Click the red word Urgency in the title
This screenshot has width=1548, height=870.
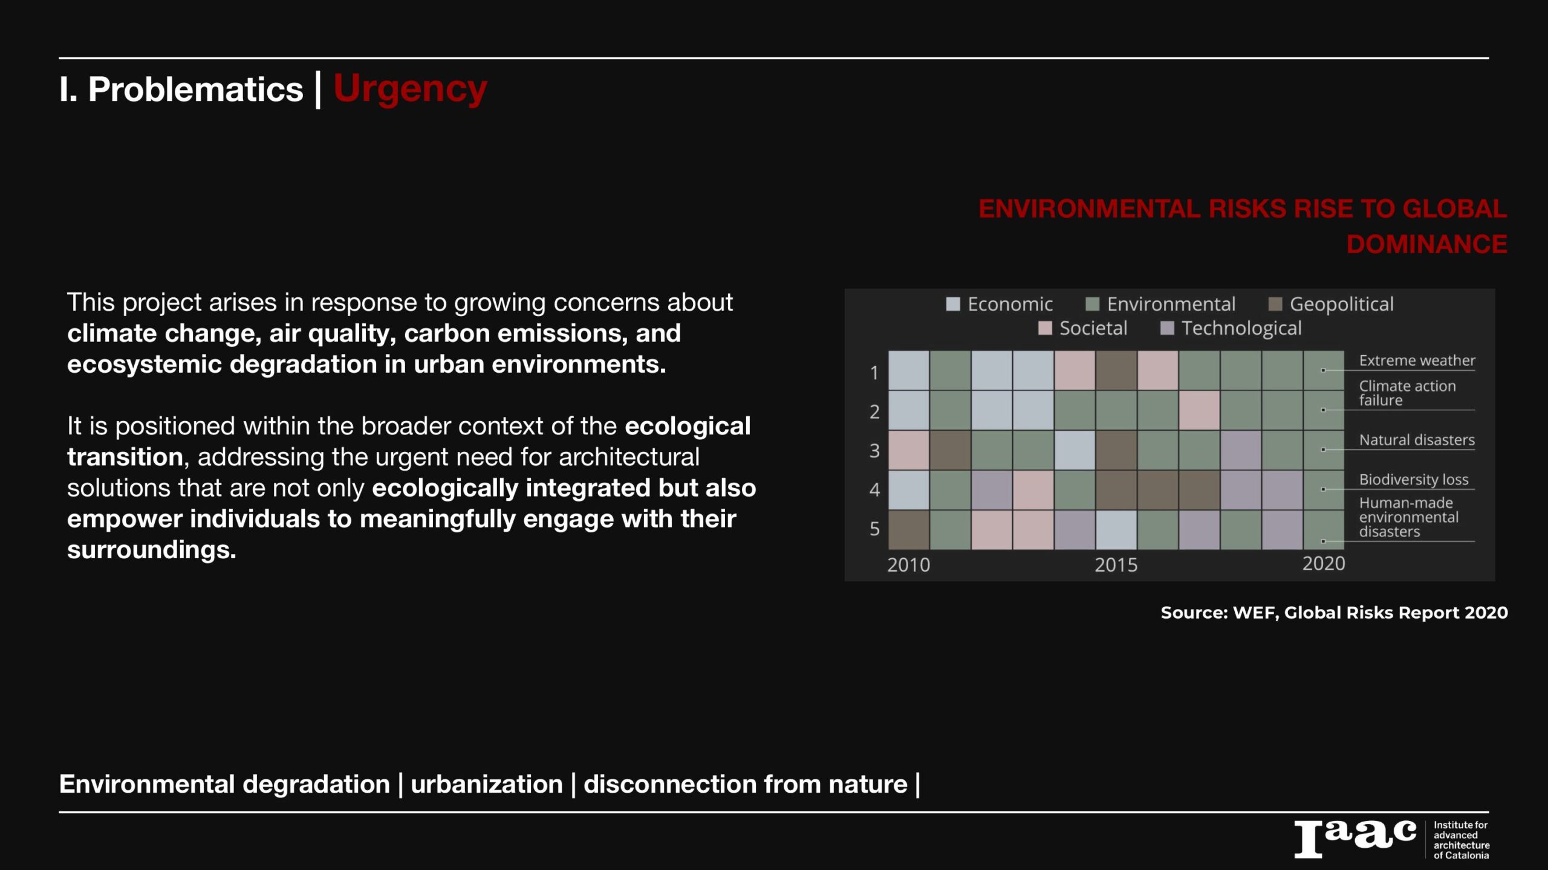[410, 89]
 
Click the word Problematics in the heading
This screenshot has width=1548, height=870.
[195, 89]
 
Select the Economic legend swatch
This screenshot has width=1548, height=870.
[953, 304]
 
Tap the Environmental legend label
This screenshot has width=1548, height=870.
[1171, 304]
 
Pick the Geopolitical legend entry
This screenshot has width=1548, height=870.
[1331, 304]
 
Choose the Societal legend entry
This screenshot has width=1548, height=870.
[1083, 328]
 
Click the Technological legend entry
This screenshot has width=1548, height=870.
[1231, 328]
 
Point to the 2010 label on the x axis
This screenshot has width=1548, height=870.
[908, 565]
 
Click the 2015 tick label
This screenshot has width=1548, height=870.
[1116, 565]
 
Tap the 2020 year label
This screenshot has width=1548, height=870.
[1324, 564]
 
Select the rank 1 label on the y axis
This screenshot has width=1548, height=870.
[874, 373]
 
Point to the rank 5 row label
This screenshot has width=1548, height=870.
[874, 529]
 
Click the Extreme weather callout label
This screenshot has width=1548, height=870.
[1417, 361]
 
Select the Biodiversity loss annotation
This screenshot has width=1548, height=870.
[1414, 480]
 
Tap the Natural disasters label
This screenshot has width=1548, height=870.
[1417, 440]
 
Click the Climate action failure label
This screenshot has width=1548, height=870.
[1407, 393]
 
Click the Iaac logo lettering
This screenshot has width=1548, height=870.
[1355, 839]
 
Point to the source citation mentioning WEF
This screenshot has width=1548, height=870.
[1334, 613]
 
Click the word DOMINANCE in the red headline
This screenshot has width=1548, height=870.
[1426, 244]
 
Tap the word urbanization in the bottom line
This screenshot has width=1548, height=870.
[487, 784]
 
